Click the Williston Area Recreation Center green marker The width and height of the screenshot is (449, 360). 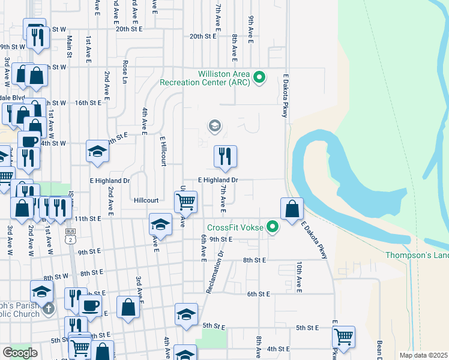point(259,77)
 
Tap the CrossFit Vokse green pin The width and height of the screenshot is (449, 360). point(273,227)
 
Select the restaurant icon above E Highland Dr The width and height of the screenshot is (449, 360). point(225,156)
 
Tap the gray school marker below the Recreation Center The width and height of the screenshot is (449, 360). point(214,126)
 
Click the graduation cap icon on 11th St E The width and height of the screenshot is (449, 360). point(160,224)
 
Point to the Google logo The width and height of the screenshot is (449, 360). point(20,353)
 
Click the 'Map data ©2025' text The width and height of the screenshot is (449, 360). point(424,355)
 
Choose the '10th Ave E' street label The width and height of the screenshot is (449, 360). point(298,275)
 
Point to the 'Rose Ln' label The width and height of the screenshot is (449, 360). point(125,71)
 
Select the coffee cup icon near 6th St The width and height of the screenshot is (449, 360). point(90,305)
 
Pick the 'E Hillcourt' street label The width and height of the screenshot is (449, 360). point(162,151)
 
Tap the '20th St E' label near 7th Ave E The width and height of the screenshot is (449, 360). point(202,36)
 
